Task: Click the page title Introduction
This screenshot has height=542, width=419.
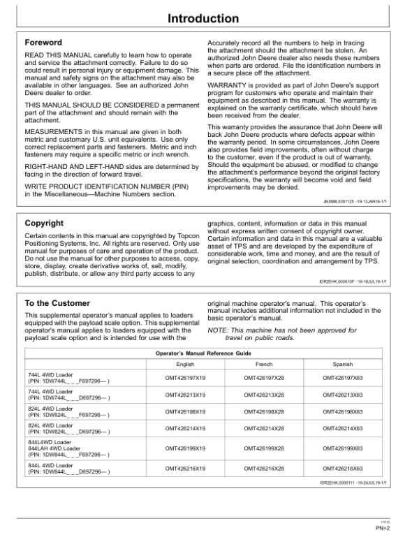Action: pos(209,18)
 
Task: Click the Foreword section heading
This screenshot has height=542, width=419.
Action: pos(43,43)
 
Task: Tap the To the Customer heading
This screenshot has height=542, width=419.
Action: pos(57,303)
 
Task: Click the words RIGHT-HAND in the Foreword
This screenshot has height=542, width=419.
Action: pos(46,168)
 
